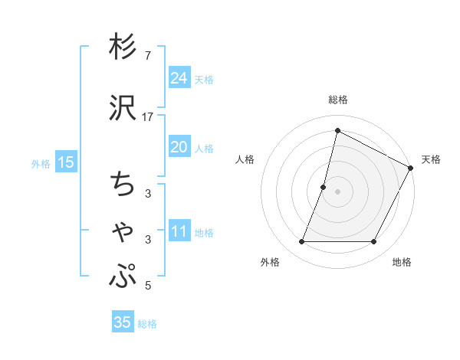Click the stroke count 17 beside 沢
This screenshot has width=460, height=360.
pos(148,116)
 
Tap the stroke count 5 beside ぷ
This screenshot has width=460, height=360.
pos(148,286)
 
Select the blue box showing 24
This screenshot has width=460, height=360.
pos(179,77)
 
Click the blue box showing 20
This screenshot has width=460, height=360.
pos(179,147)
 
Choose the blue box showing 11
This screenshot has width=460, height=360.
pos(179,231)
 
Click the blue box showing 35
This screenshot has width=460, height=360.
pos(122,322)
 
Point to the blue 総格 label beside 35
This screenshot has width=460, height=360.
pos(147,324)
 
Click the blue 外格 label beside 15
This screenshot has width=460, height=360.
pos(41,163)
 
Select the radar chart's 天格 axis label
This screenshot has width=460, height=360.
pos(431,159)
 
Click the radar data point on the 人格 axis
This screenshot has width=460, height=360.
pos(324,187)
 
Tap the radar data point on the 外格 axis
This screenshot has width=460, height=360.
pos(301,242)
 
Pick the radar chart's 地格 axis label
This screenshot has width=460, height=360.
pos(402,263)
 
